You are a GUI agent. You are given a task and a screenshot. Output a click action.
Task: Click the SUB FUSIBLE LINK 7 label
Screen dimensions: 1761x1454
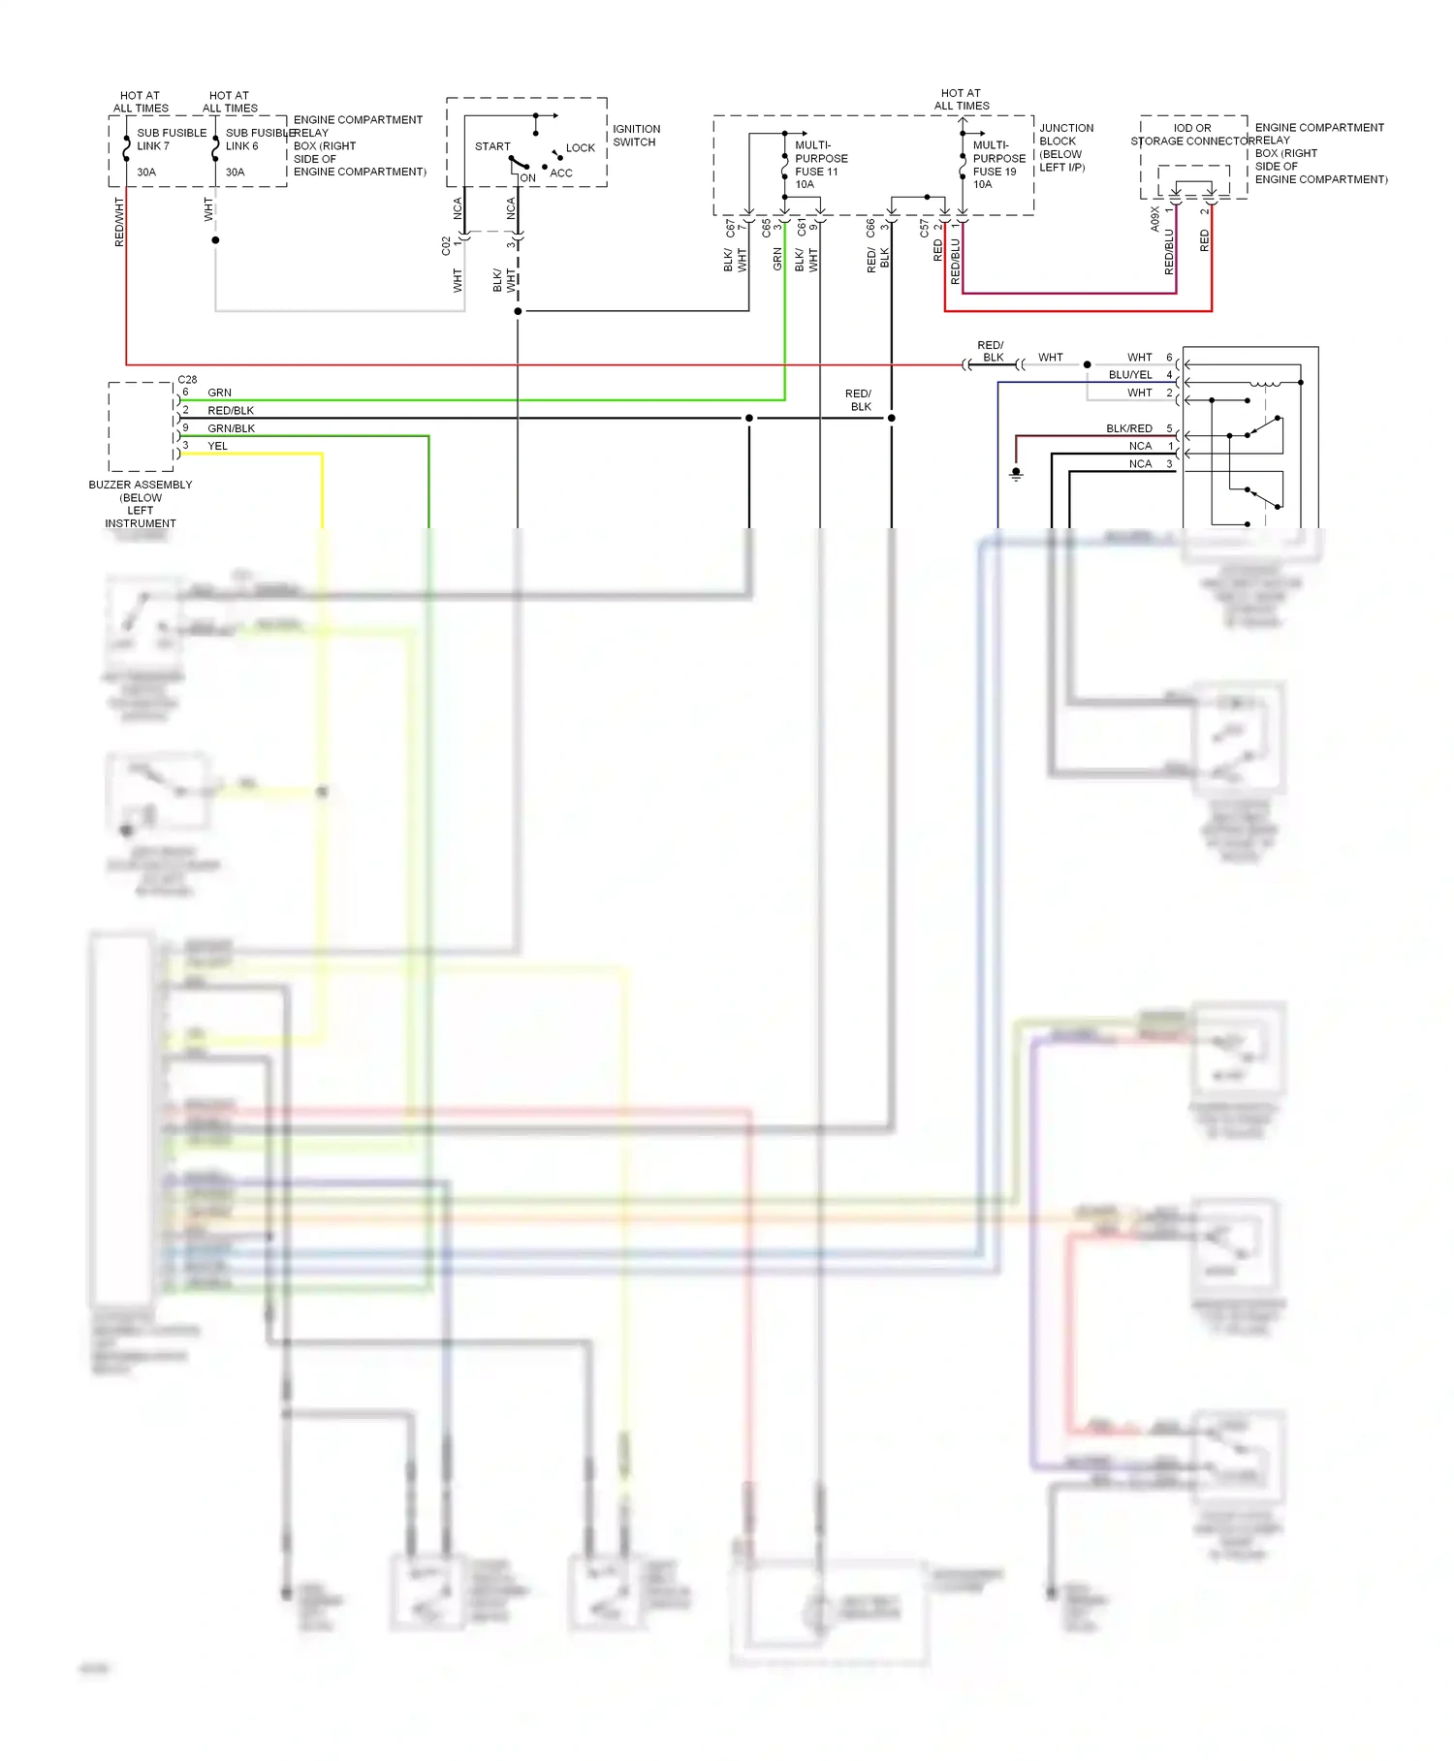tap(171, 140)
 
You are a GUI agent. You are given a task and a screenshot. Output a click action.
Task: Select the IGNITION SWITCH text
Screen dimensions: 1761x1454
tap(636, 136)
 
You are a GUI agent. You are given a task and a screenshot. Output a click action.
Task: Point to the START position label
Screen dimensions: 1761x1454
tap(492, 146)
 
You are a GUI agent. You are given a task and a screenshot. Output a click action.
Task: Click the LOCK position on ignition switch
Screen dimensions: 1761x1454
tap(580, 148)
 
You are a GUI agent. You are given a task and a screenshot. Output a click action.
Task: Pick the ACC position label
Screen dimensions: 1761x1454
tap(561, 173)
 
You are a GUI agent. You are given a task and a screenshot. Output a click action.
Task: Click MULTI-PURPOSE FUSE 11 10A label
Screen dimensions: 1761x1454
tap(820, 165)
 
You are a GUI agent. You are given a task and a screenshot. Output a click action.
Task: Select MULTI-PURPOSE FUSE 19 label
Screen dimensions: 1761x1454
tap(998, 165)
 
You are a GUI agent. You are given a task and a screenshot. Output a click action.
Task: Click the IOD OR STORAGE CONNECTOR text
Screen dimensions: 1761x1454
tap(1192, 135)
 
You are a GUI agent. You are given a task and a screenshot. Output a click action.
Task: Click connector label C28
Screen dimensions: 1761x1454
tap(187, 380)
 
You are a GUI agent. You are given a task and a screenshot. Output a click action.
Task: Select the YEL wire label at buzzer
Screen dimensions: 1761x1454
tap(218, 447)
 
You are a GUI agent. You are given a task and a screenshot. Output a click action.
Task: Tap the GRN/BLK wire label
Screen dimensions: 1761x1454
tap(231, 428)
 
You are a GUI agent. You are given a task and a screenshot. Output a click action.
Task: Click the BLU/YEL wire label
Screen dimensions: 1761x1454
tap(1130, 375)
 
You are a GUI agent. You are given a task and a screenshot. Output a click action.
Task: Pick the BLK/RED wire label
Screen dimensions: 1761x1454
tap(1128, 428)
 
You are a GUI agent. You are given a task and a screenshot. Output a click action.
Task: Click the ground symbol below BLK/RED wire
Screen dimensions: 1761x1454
tap(1016, 474)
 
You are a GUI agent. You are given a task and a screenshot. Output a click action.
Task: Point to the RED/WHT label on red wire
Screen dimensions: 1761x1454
tap(119, 222)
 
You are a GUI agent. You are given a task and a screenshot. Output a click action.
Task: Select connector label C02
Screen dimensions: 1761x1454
tap(446, 245)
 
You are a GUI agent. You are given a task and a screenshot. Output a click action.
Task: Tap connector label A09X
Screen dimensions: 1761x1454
tap(1154, 218)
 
